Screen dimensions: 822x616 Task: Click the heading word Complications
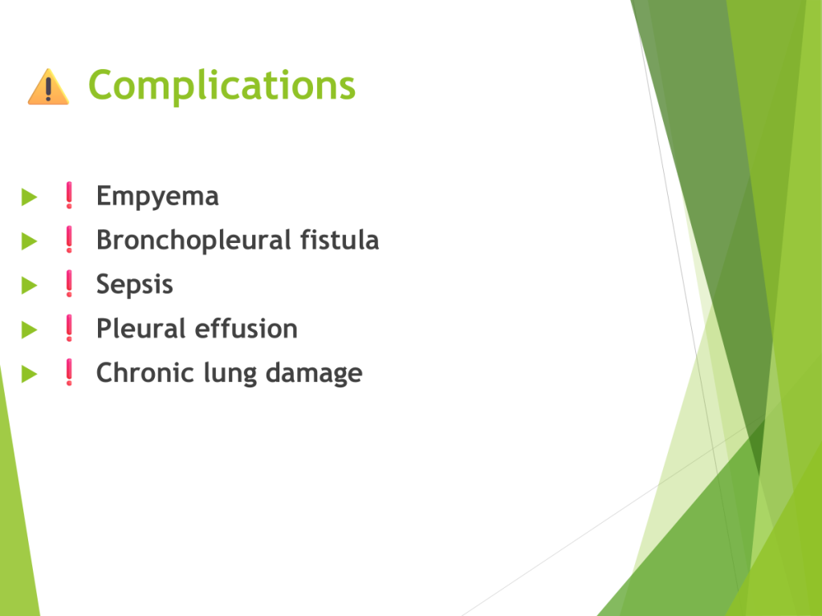222,86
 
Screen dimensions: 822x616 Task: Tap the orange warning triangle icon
48,87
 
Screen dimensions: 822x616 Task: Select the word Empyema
157,197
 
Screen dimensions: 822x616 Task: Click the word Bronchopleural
194,241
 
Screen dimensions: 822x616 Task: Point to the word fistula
340,240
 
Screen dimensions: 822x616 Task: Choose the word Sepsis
135,286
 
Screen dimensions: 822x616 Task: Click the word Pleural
140,329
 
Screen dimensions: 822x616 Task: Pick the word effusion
246,329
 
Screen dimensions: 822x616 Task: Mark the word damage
314,374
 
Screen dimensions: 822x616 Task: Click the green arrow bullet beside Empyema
30,197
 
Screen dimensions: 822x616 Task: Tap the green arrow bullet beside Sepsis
30,286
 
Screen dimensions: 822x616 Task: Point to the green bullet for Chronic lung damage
30,374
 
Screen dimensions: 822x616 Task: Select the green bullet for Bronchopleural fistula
30,241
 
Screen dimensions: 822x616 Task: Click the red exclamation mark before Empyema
69,196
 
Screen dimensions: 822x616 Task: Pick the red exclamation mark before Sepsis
69,284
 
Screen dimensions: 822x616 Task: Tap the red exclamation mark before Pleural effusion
69,328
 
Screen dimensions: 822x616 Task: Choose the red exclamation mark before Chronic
69,372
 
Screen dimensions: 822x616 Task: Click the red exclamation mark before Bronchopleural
69,239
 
